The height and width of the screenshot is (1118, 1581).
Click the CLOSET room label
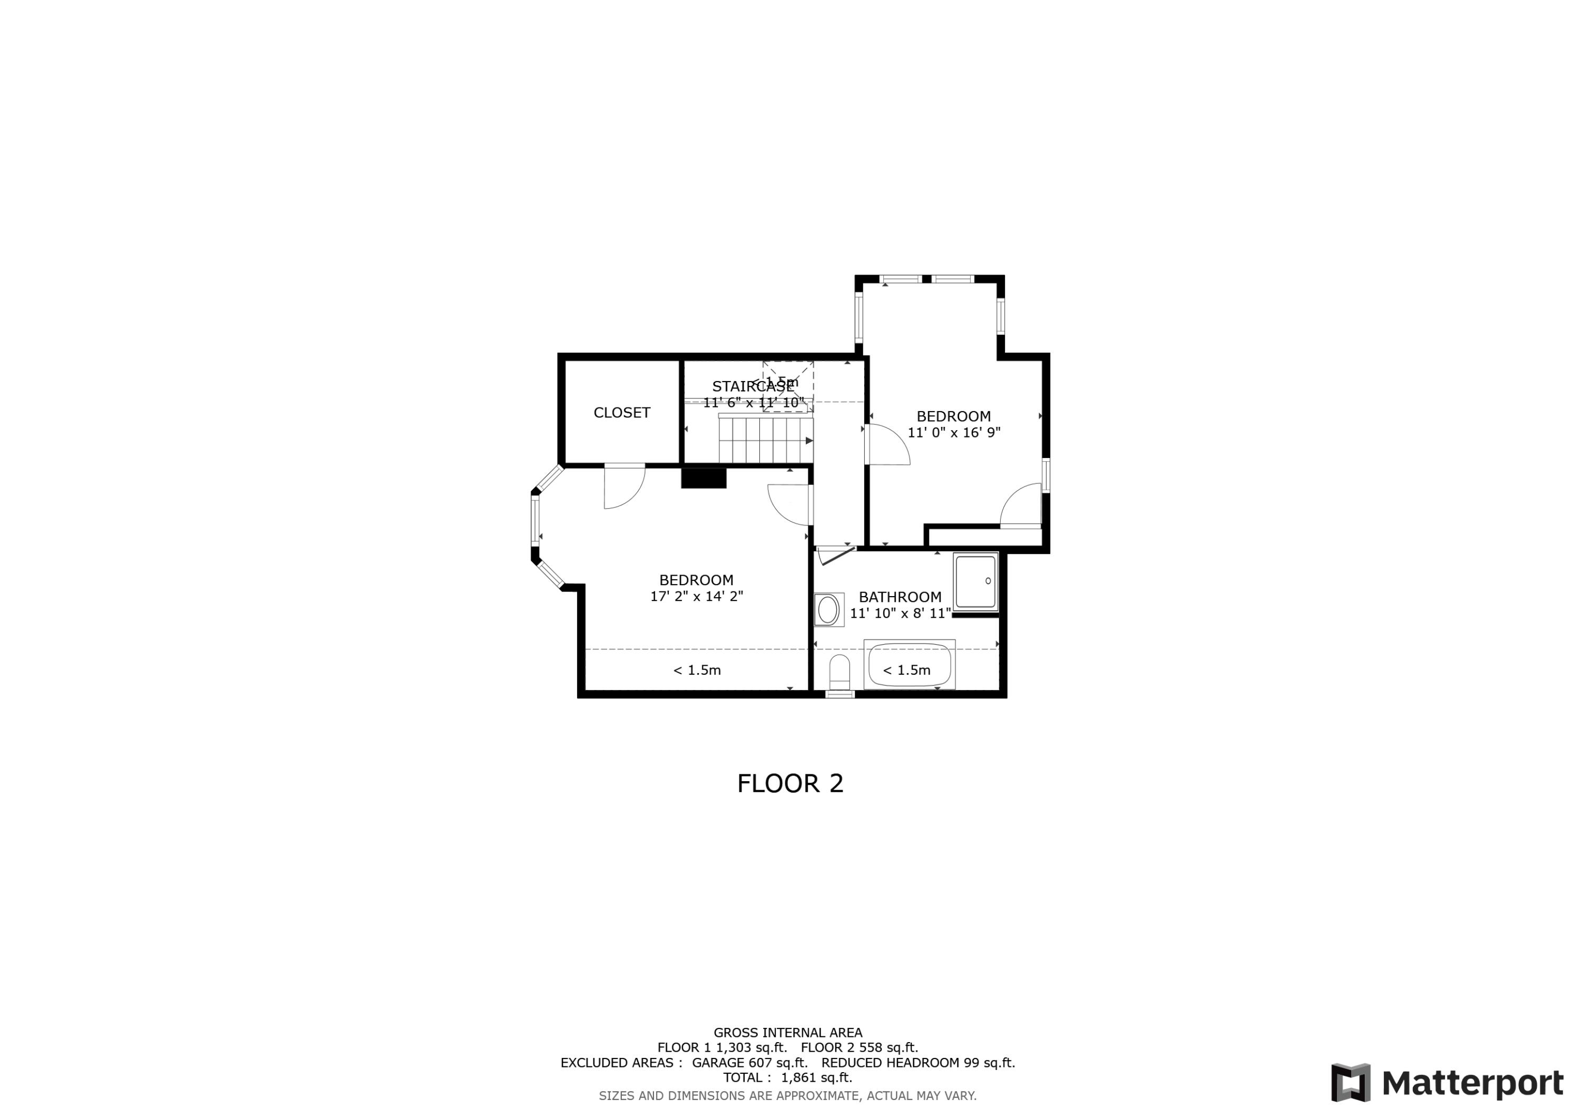(x=621, y=413)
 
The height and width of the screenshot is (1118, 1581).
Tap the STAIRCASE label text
(x=752, y=386)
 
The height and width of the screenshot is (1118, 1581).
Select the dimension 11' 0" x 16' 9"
(x=954, y=433)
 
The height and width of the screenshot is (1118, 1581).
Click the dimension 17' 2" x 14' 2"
(x=696, y=597)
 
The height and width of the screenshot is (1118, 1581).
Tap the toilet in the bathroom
(x=840, y=672)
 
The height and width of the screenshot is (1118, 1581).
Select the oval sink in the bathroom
(x=828, y=610)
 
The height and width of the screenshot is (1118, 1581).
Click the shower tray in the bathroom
(x=975, y=581)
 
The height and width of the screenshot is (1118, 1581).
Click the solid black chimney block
(x=703, y=478)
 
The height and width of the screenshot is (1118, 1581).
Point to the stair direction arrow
(x=809, y=440)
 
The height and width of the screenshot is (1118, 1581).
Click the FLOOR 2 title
(x=790, y=783)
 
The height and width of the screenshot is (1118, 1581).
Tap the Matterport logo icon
(x=1350, y=1082)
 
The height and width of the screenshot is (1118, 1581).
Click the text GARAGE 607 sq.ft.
(x=749, y=1063)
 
